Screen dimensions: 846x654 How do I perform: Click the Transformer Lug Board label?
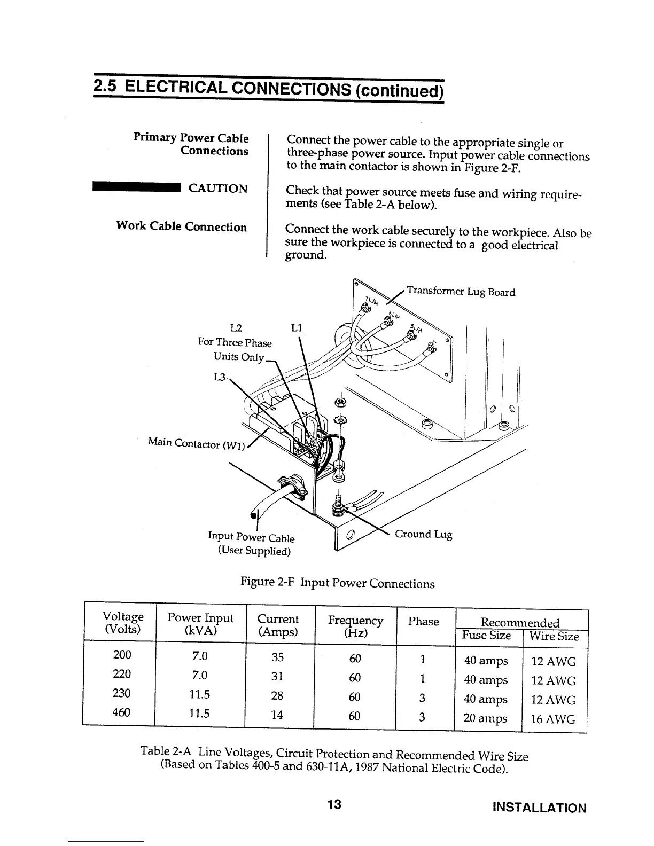click(461, 292)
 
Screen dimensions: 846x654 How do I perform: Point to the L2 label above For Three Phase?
click(236, 328)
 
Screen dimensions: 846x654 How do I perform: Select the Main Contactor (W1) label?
click(196, 443)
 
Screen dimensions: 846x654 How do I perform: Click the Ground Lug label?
click(423, 534)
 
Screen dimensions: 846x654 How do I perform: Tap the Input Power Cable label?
click(251, 537)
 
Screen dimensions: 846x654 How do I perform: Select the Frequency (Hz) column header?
click(355, 626)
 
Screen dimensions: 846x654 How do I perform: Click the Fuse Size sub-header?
click(487, 636)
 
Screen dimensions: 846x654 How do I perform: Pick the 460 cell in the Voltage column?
click(122, 712)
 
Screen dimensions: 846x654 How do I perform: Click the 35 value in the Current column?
click(277, 656)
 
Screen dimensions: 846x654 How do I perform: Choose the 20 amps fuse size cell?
click(485, 718)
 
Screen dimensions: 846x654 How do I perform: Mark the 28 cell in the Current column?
click(277, 695)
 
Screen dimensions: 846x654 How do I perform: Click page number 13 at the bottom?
click(334, 805)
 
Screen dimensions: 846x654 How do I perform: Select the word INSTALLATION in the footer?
click(539, 808)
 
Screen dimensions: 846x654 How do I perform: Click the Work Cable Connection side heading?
click(182, 227)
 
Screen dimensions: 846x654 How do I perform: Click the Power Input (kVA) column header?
click(200, 624)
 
